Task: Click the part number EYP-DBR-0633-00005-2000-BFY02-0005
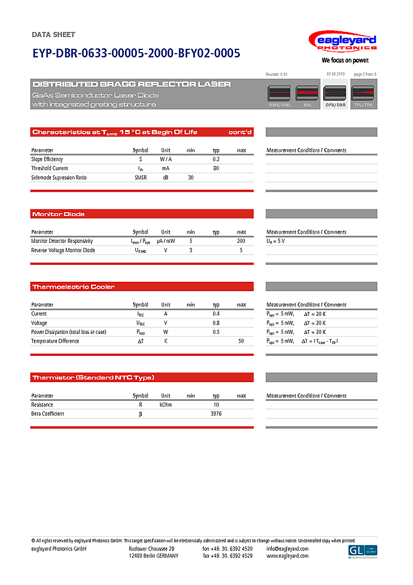136,53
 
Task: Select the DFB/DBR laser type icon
336,95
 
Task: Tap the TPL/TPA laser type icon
363,95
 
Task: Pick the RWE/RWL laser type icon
279,95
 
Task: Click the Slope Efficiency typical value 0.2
216,159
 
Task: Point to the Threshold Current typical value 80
216,168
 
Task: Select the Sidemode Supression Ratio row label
59,178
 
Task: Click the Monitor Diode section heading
59,214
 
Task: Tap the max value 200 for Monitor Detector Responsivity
241,241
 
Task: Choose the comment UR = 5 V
276,241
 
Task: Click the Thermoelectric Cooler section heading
73,287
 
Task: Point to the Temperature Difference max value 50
241,341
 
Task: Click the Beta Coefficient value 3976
216,413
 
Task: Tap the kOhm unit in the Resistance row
165,405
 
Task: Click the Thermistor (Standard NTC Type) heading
93,377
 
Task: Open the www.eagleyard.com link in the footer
288,556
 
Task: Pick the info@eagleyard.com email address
288,549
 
